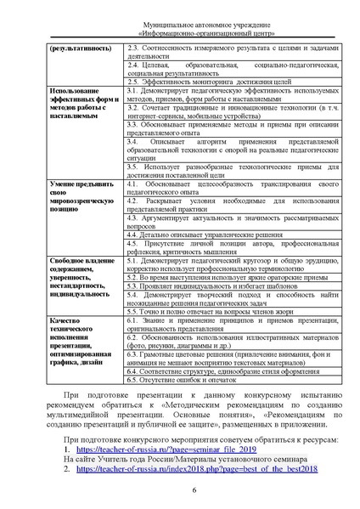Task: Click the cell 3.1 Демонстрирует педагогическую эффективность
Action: [233, 93]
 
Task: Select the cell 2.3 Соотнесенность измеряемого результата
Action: [233, 48]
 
